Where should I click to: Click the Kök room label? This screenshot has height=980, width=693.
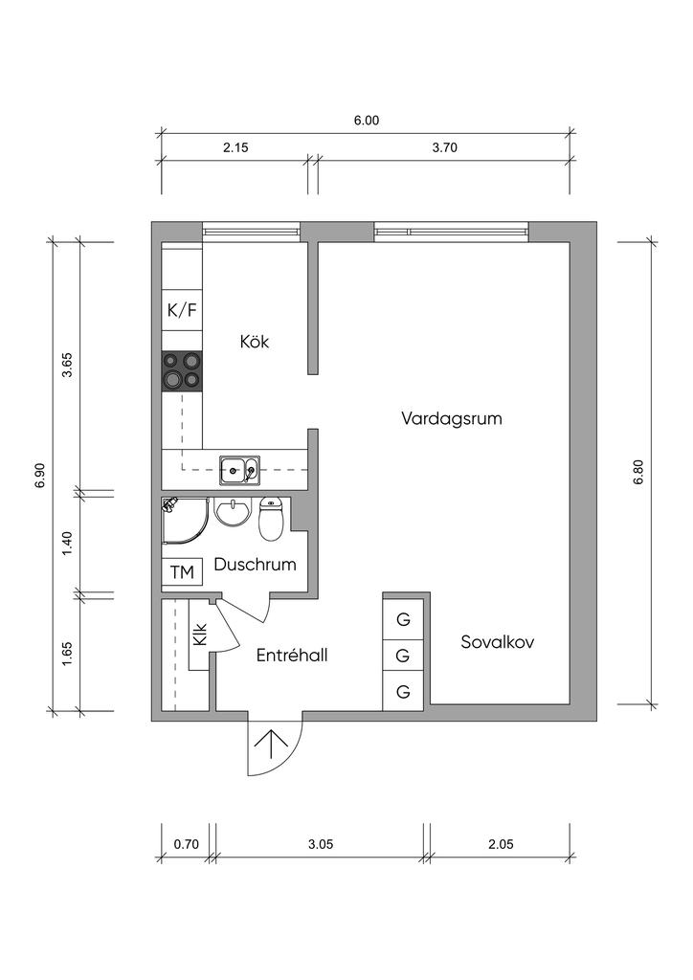pos(255,342)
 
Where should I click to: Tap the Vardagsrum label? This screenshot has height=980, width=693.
pos(451,419)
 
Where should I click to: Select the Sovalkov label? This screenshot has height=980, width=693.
pos(498,642)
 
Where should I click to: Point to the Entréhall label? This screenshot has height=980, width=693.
pos(292,655)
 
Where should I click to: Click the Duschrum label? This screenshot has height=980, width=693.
pos(255,565)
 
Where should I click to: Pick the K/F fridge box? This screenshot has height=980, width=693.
pos(182,311)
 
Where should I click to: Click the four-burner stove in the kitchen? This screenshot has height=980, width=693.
pos(182,371)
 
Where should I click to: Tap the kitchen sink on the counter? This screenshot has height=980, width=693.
pos(239,471)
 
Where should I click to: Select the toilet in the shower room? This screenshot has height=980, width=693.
pos(271,519)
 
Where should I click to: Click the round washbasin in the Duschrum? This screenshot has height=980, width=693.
pos(232,513)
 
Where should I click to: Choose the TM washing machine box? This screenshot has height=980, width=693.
pos(182,572)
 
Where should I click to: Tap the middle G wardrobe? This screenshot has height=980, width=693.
pos(403,657)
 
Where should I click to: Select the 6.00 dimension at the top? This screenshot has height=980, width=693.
pos(367,121)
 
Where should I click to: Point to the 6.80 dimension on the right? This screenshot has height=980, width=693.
pos(638,473)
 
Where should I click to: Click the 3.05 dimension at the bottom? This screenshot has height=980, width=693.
pos(321,844)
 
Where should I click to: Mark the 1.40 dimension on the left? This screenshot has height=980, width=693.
pos(68,544)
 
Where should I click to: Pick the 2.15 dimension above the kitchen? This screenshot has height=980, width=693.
pos(235,147)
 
